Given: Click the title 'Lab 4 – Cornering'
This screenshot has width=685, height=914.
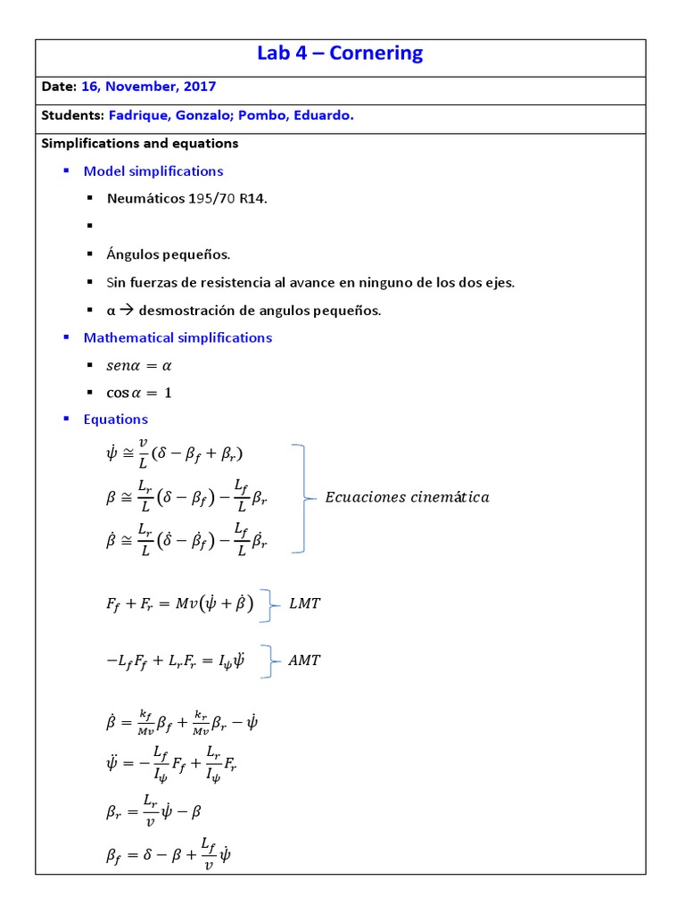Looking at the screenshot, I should point(340,54).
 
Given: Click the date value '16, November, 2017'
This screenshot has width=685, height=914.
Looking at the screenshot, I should point(148,87).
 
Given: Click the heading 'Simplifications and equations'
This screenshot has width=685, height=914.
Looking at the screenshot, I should point(140,143).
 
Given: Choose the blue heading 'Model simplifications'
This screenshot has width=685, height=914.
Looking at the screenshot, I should point(153,170).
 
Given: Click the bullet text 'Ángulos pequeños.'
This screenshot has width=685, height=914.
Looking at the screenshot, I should point(169,254).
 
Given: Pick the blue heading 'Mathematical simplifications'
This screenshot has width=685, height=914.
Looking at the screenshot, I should point(177,337).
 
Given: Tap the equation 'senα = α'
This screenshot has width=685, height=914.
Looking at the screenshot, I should point(140,365).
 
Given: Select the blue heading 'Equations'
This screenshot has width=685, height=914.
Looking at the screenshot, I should point(116,420).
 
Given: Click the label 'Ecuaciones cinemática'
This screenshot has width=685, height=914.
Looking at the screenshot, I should point(407,498).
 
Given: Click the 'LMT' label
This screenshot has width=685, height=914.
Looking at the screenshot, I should point(305,604).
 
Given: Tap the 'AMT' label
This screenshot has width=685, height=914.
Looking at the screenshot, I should point(305,661).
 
